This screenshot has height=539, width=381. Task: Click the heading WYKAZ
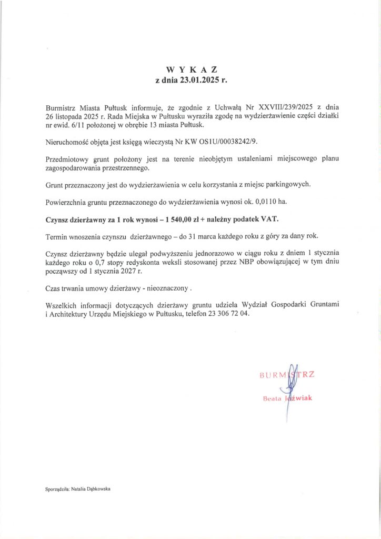[x=191, y=70]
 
